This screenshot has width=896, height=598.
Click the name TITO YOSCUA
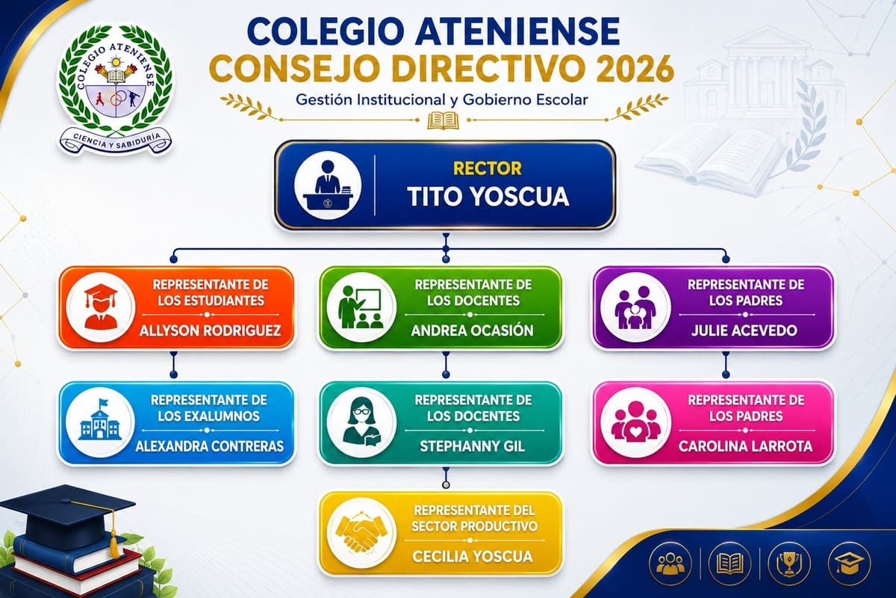point(488,197)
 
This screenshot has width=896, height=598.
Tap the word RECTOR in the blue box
point(487,168)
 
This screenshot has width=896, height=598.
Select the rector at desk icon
point(328,185)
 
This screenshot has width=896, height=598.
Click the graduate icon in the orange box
point(100,307)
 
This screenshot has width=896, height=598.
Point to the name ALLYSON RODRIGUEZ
point(210,330)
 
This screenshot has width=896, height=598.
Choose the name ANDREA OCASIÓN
point(472,330)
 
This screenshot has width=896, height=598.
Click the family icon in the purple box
point(635,307)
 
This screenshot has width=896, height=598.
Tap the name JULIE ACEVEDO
point(744,330)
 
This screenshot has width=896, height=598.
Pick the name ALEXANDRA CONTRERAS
point(210,446)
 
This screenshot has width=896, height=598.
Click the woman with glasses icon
point(361,422)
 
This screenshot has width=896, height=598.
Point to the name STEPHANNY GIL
point(472,446)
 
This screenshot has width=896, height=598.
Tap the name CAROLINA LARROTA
point(745,446)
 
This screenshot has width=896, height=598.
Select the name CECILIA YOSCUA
point(473,556)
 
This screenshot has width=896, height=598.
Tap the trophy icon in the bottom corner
point(788,564)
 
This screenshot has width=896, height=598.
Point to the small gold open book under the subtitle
point(444,120)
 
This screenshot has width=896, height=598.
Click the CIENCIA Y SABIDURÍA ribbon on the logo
point(116,142)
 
